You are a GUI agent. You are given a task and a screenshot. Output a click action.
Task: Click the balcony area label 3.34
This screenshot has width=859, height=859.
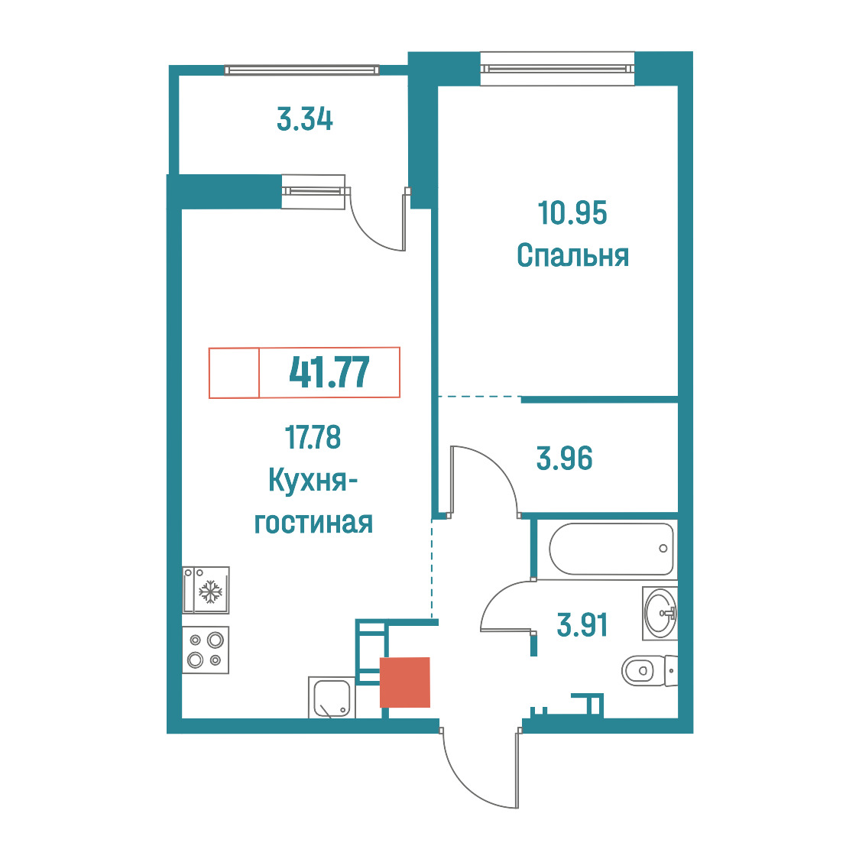[305, 119]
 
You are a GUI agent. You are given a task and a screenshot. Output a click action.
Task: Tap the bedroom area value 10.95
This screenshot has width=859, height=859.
[572, 212]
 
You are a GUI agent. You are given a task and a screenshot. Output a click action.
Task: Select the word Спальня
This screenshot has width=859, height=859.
[572, 256]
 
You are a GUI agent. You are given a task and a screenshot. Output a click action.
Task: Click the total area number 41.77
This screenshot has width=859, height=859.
[329, 372]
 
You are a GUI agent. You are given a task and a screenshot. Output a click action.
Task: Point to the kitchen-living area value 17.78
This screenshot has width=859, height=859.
[313, 437]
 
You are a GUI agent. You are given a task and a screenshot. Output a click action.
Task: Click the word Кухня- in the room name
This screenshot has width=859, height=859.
[313, 481]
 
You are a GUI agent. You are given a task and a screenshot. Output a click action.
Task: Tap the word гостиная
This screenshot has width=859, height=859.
[313, 523]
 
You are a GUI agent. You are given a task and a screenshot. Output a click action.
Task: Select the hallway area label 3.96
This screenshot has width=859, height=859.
[564, 459]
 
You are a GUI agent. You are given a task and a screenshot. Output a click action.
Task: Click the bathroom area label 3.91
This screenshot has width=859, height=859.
[582, 625]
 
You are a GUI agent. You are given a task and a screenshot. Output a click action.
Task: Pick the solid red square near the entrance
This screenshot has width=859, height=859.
[405, 682]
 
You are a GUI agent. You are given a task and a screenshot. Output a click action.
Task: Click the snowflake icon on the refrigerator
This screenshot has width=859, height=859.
[210, 592]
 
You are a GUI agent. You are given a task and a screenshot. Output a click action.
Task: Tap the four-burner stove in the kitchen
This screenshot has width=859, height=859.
[206, 650]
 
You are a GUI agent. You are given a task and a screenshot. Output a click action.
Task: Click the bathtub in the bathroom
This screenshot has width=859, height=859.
[611, 549]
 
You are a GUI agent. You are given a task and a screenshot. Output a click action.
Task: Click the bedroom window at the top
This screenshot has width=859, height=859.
[557, 69]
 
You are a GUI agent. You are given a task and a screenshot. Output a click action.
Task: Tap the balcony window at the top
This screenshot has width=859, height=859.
[301, 70]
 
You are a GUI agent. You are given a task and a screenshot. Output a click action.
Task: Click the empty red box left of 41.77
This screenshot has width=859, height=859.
[234, 372]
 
